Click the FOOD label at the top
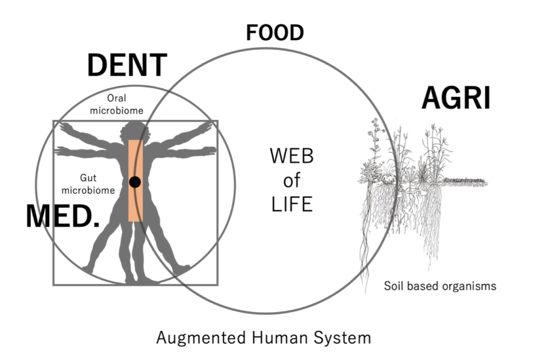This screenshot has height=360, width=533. click(275, 33)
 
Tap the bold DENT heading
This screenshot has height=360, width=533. click(127, 65)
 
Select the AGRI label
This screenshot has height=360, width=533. click(456, 97)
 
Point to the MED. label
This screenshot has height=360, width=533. click(63, 216)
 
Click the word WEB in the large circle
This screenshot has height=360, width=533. click(291, 156)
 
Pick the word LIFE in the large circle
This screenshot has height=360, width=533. click(291, 204)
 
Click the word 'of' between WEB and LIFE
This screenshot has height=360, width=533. click(291, 180)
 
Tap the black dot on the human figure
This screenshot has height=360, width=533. click(135, 182)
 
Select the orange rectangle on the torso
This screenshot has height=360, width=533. click(136, 180)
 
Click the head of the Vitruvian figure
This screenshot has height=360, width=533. click(135, 131)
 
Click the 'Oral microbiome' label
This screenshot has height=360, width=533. click(116, 104)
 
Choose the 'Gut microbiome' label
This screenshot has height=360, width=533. click(88, 184)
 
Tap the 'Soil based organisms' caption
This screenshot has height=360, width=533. click(440, 286)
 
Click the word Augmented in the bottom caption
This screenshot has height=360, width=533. click(201, 338)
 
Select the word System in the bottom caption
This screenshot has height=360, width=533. click(342, 338)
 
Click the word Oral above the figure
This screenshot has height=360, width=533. click(117, 98)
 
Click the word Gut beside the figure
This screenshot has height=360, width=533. click(88, 178)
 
